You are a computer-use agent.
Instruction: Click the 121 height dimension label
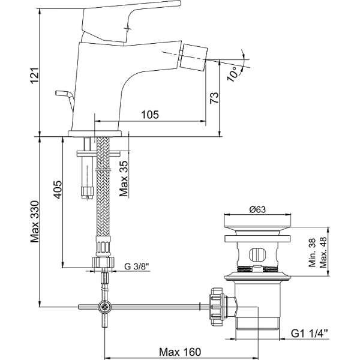click(x=34, y=76)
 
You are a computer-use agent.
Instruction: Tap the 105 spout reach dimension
click(x=149, y=115)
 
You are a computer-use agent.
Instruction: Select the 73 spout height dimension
click(x=214, y=98)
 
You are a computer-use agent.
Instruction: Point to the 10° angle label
click(x=232, y=74)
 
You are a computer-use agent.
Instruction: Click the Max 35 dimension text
click(x=124, y=179)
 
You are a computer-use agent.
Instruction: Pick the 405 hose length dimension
click(x=58, y=190)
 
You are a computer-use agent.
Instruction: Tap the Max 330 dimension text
click(x=35, y=222)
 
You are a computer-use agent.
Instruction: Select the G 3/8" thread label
click(x=137, y=266)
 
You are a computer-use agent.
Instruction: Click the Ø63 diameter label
click(x=257, y=209)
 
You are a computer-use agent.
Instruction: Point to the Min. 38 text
click(x=312, y=253)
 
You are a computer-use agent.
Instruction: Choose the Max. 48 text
click(x=323, y=253)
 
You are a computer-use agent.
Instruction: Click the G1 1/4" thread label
click(x=309, y=334)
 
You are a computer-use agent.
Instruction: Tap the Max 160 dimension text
click(x=180, y=352)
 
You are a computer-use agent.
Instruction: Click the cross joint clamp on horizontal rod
click(x=105, y=307)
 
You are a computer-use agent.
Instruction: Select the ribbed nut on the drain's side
click(x=216, y=307)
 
